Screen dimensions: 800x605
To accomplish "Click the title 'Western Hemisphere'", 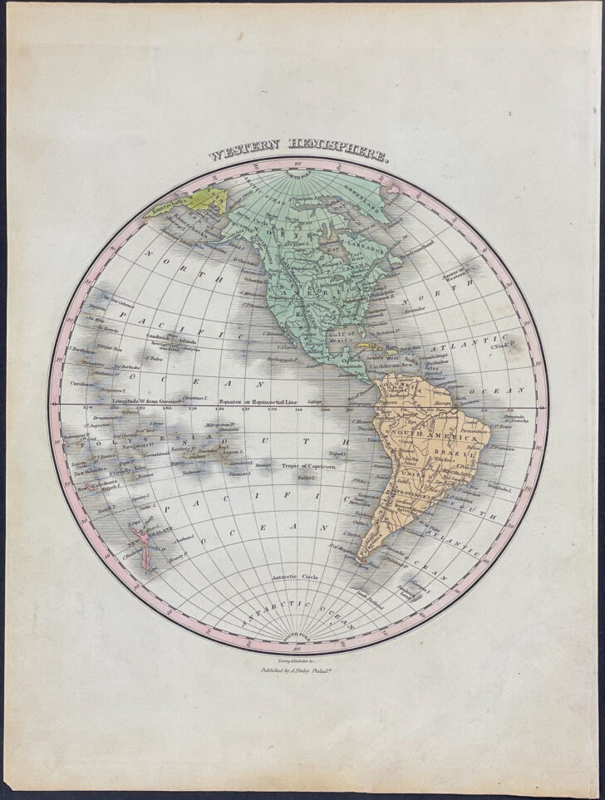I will coord(298,156).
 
